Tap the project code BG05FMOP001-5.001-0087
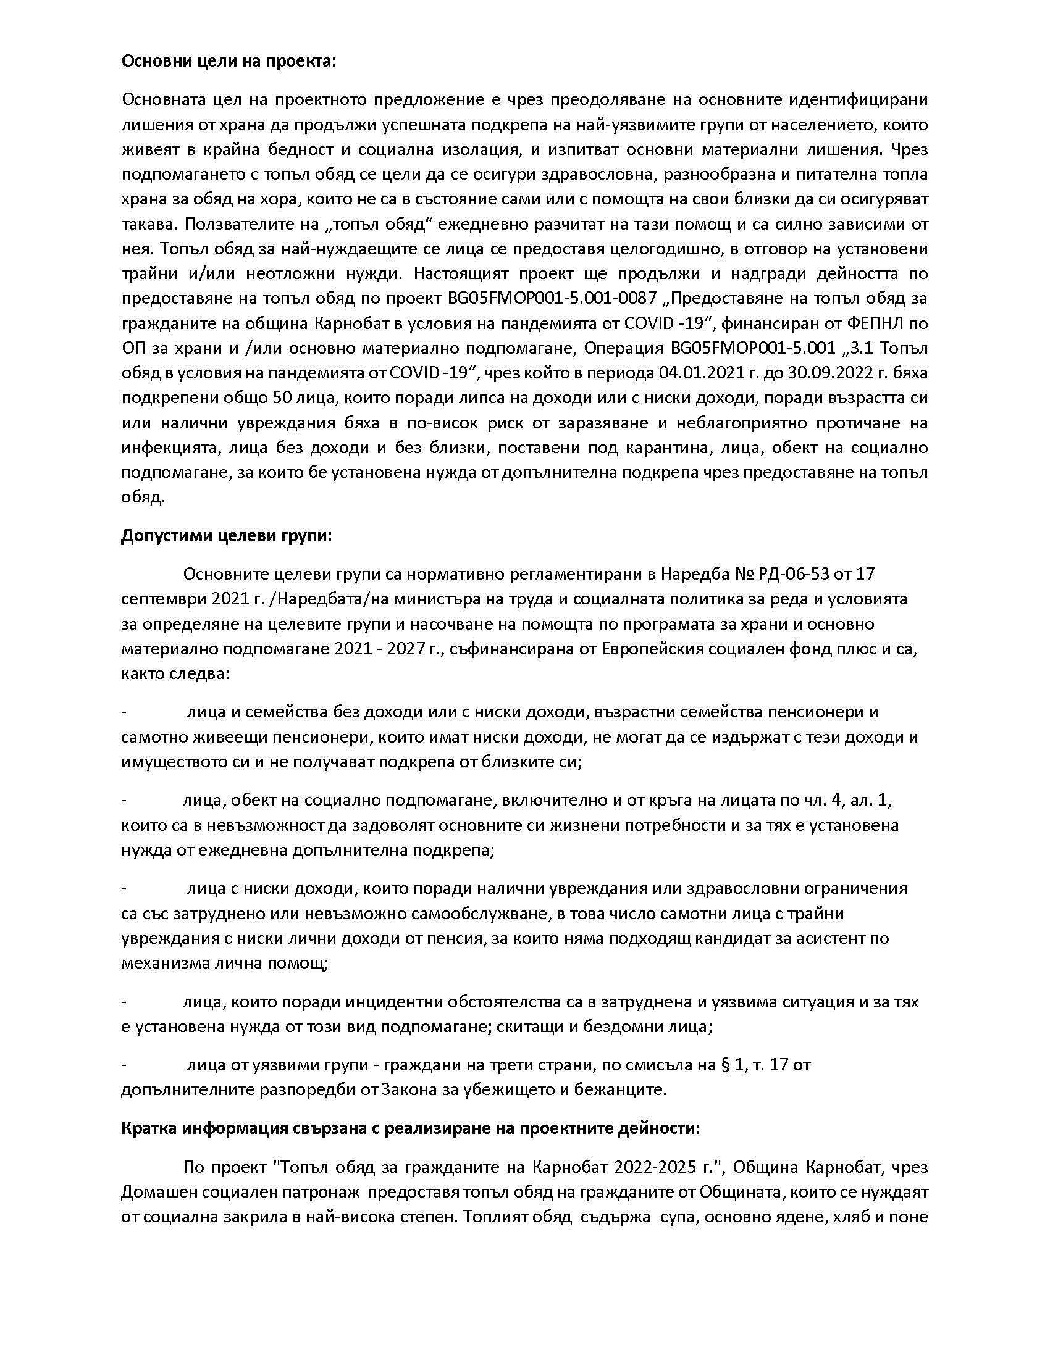[x=552, y=299]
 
